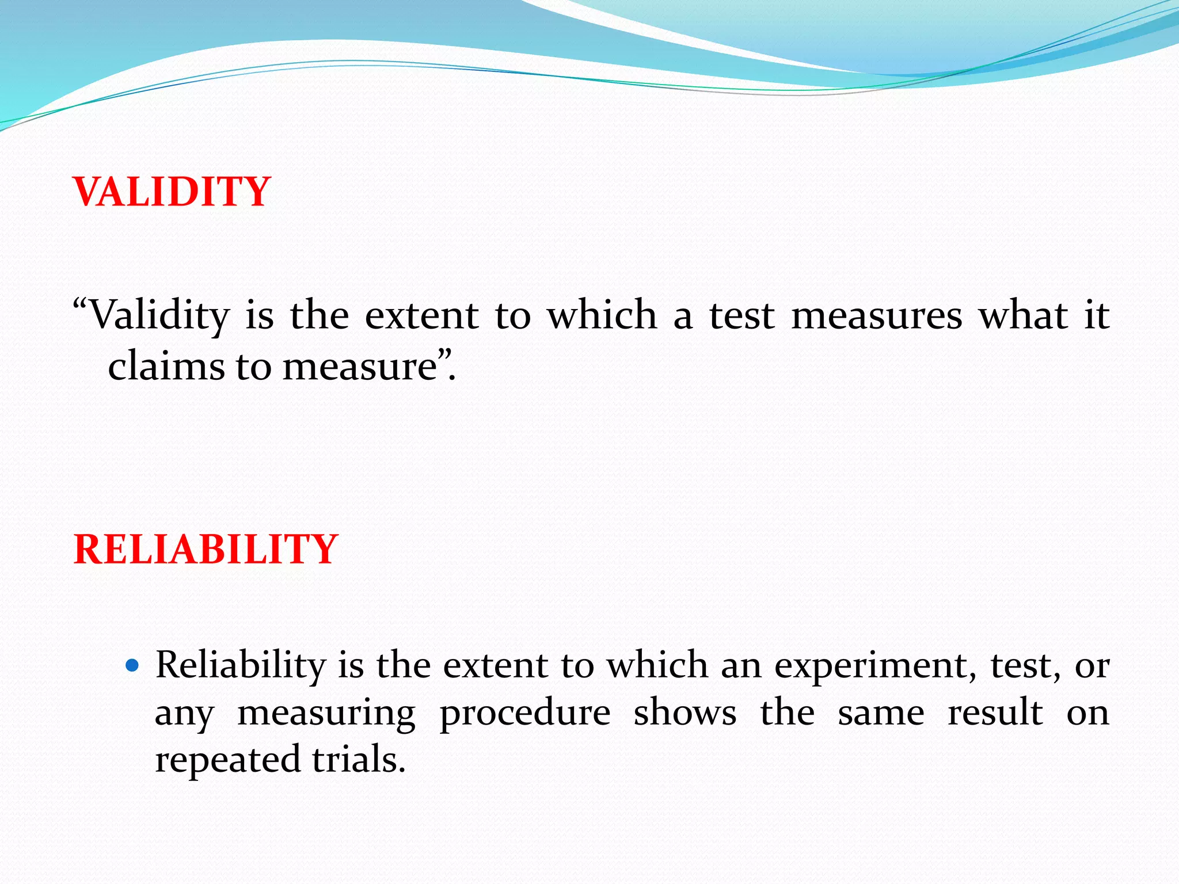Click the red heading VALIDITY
[172, 192]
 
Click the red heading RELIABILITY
[206, 550]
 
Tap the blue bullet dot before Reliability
[132, 666]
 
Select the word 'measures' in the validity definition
[876, 316]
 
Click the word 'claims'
[166, 366]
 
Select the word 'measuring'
[326, 714]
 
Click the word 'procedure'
[525, 714]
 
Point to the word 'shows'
[685, 714]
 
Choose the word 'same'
[881, 714]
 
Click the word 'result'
[995, 714]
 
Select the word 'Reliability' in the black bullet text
[241, 666]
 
